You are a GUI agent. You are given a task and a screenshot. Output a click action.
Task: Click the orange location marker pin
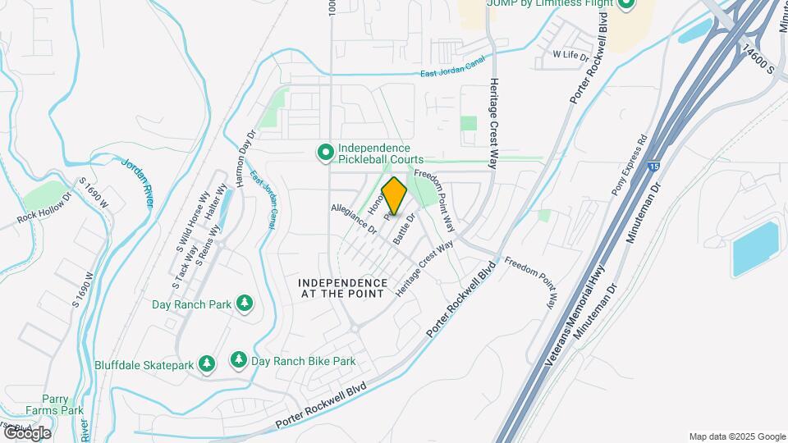(394, 196)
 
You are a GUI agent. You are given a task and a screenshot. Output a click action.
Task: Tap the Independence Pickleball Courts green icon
(325, 152)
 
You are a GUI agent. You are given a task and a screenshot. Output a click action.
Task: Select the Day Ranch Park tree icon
(244, 304)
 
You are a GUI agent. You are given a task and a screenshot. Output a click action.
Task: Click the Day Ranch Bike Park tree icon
(238, 359)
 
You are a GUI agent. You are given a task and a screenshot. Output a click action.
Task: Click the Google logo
(26, 432)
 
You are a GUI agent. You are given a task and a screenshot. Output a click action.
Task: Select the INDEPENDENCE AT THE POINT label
(342, 287)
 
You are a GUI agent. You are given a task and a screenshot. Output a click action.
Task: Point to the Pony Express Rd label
(630, 165)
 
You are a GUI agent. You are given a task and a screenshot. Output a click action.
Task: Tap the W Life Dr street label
(571, 56)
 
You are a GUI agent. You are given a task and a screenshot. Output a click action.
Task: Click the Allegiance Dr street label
(353, 220)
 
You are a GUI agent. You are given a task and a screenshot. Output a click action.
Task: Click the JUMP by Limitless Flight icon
(626, 3)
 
